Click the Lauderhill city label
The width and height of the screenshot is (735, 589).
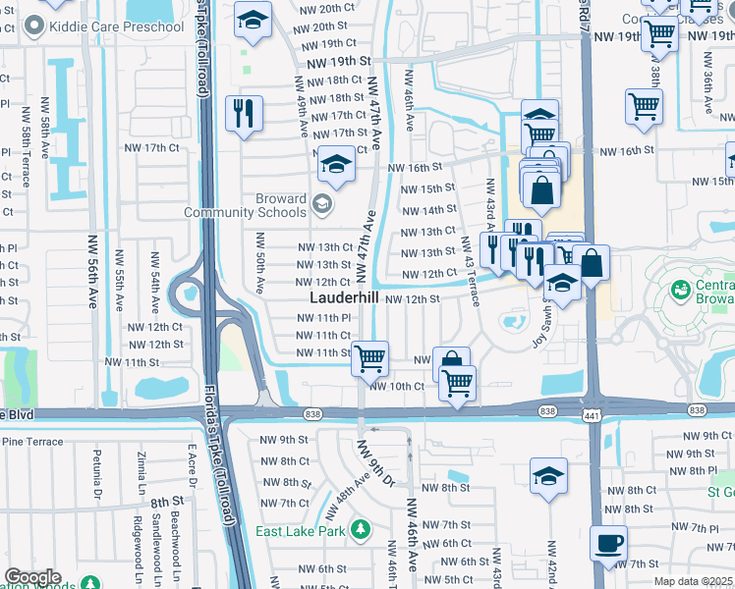(x=345, y=296)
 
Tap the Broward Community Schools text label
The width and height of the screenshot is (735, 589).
(x=245, y=205)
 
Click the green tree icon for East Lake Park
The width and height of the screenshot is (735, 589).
(x=361, y=530)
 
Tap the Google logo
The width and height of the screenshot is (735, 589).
(x=32, y=577)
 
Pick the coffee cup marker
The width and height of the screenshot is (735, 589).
(x=609, y=544)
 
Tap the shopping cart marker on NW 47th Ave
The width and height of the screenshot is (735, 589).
(x=369, y=358)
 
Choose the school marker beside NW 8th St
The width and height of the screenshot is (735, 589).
(x=547, y=477)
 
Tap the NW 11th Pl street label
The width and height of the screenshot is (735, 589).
(x=324, y=318)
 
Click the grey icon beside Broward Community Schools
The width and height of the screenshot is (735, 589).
(x=321, y=204)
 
